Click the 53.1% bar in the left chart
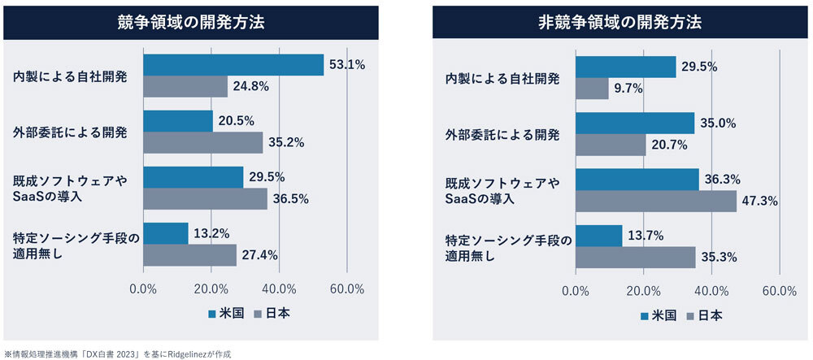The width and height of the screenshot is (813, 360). coord(233,64)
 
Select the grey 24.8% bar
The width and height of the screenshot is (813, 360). coord(185,86)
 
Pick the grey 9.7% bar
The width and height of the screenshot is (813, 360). coord(592,88)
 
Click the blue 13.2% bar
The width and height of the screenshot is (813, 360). coord(166,233)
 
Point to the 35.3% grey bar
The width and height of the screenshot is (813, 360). coord(635,257)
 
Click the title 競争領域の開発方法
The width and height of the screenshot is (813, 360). coord(191,22)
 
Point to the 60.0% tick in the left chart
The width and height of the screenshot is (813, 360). coord(347,288)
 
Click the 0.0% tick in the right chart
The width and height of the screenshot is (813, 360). coord(576,290)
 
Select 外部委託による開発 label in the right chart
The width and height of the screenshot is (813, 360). coord(502,134)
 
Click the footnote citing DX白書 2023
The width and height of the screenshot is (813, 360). coord(119,353)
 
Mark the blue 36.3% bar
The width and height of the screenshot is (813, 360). coord(637,179)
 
